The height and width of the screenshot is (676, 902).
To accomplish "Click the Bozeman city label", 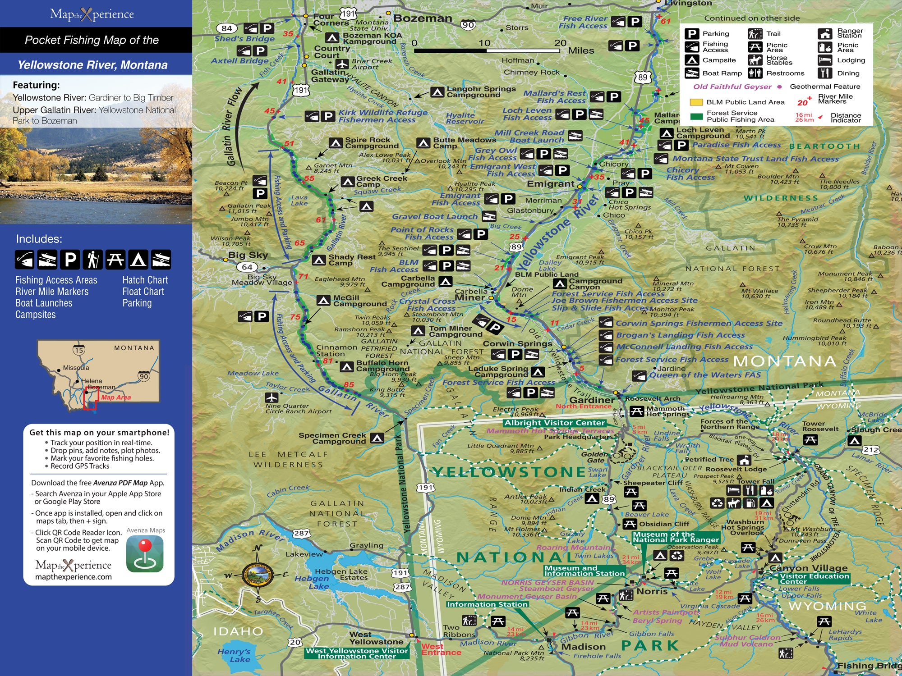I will pos(423,18).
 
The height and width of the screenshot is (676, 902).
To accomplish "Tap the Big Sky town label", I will pos(248,255).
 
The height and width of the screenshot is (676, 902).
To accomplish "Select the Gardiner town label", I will pos(592,400).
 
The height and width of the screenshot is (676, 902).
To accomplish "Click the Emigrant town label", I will pos(550,184).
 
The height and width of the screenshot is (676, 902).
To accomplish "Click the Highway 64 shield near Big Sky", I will pos(247,267).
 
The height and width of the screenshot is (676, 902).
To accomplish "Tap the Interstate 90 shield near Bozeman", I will pos(468,25).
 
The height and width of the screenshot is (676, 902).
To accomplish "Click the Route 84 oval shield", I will pos(227,28).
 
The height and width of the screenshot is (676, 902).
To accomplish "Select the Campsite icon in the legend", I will pos(692,60).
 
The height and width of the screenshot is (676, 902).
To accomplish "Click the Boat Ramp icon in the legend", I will pos(692,73).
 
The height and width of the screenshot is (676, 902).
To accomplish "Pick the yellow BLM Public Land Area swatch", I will pos(696,102).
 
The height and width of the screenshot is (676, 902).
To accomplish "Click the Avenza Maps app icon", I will pos(145,554).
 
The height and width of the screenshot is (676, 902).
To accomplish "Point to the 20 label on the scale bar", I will pos(560,43).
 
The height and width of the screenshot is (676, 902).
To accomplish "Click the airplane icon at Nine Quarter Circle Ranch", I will pos(272,397).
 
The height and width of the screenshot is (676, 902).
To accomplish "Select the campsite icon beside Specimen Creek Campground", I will pos(377,438).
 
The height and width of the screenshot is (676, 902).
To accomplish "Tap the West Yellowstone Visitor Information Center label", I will pos(357,653).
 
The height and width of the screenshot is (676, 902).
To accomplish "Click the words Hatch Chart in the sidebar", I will pos(145,280).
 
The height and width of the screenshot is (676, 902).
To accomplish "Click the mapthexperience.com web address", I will pos(74,577).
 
